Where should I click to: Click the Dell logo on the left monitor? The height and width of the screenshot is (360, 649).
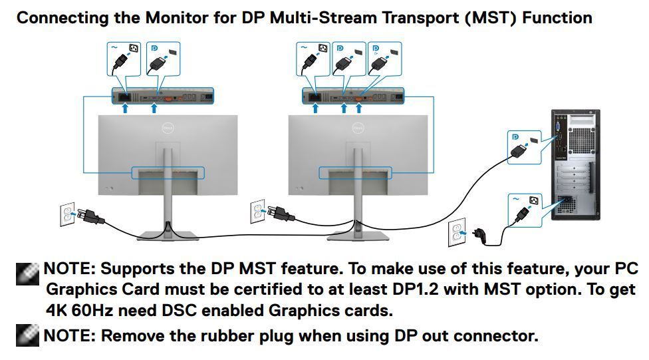168,128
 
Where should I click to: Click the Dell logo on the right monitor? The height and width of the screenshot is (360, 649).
358,128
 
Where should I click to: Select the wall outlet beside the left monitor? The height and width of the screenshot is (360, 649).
67,214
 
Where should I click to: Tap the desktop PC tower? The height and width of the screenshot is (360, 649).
575,165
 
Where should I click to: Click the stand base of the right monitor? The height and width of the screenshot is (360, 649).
358,236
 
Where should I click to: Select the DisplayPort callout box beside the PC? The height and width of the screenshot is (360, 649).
524,147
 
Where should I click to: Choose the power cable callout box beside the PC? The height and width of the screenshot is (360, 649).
525,210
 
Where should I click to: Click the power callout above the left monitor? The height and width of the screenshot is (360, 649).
124,59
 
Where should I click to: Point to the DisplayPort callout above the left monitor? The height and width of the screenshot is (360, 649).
163,59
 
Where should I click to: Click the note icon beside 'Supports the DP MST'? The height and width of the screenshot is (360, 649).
27,273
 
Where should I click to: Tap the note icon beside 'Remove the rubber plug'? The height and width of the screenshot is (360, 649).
27,335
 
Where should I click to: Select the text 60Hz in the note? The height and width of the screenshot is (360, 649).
92,310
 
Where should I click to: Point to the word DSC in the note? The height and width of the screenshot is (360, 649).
179,310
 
